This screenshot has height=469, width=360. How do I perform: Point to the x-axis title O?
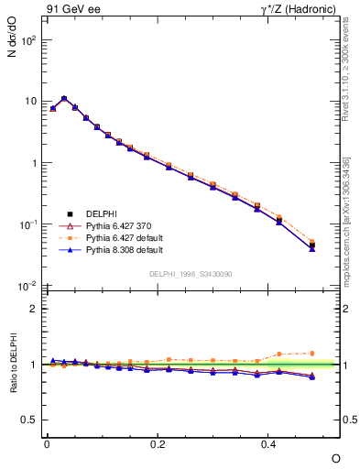click(335, 457)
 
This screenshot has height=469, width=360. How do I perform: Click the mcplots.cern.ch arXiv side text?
click(345, 220)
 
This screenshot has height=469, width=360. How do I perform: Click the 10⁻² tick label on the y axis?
click(27, 286)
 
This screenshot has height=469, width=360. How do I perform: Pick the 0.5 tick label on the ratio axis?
click(28, 420)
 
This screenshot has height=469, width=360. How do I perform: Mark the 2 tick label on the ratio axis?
click(32, 309)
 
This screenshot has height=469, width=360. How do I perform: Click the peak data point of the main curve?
click(64, 98)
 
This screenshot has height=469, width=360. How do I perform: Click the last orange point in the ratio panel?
click(312, 353)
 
